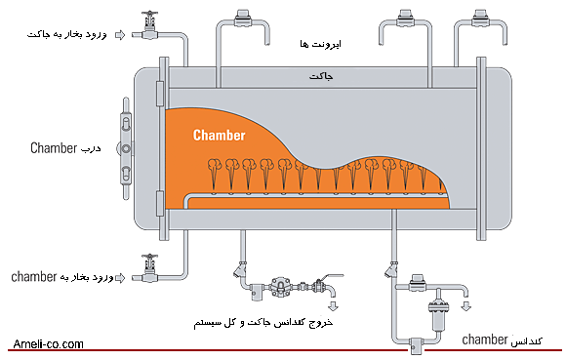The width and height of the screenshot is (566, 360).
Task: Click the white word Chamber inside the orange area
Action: point(220,136)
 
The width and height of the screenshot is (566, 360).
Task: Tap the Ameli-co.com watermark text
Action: point(48,344)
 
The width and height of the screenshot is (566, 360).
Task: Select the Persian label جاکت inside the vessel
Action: point(321,76)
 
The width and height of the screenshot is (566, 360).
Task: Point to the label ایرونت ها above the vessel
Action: point(320,44)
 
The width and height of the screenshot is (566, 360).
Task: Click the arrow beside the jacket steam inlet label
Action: point(120,35)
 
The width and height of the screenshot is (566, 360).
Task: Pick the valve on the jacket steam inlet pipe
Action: point(149,25)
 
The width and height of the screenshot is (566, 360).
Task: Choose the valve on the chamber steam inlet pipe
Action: point(149,268)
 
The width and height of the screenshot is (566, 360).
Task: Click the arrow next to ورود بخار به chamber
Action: point(120,278)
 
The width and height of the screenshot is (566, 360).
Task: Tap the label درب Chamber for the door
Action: point(65,148)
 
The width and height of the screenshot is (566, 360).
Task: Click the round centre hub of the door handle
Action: point(126,148)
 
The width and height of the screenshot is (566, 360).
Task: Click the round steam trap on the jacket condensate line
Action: point(280,287)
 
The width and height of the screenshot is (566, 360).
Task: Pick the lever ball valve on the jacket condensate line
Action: point(319,285)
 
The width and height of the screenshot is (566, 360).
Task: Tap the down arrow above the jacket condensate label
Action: point(333,306)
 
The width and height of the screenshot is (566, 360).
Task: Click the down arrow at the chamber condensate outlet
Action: point(466,306)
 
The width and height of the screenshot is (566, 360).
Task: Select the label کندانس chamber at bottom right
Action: point(503,340)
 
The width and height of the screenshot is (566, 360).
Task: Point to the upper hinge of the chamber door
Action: point(159,94)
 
